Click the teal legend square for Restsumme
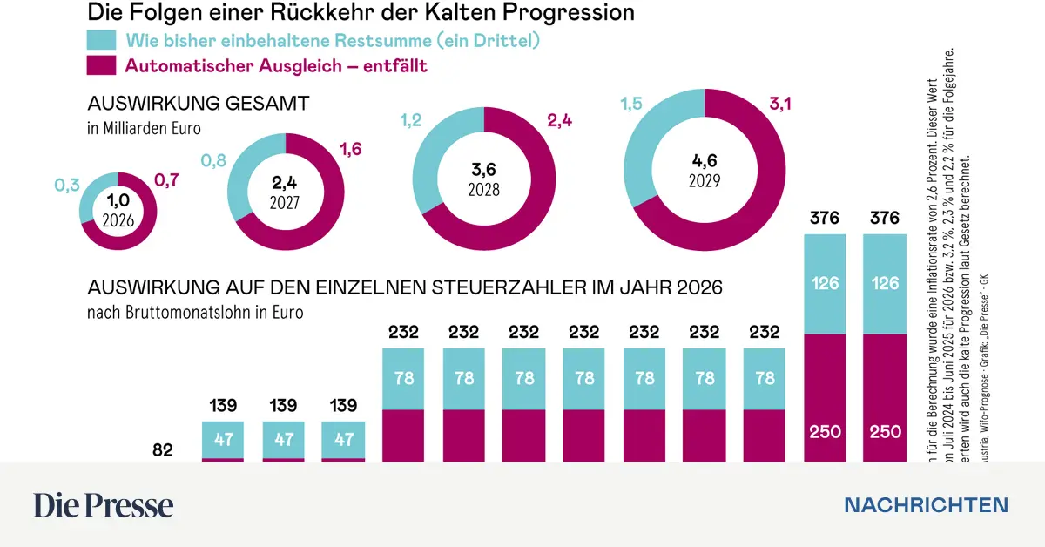point(101,40)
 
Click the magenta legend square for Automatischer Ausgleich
point(101,65)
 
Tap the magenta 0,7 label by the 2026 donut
point(167,180)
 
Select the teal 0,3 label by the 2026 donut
point(67,185)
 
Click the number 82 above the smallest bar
point(163,450)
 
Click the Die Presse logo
point(103,505)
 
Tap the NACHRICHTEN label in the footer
point(926,505)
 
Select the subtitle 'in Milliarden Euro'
point(143,128)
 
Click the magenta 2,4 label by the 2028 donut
point(561,119)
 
